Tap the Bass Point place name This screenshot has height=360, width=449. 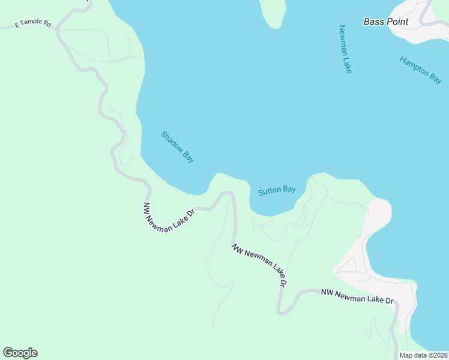pyautogui.click(x=386, y=22)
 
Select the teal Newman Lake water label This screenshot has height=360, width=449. pyautogui.click(x=345, y=49)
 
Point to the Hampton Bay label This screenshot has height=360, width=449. pyautogui.click(x=421, y=70)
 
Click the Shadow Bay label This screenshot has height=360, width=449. pyautogui.click(x=178, y=147)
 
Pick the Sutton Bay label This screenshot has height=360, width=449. pyautogui.click(x=277, y=191)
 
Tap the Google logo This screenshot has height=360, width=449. pyautogui.click(x=20, y=353)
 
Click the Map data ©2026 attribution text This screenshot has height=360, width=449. pyautogui.click(x=423, y=355)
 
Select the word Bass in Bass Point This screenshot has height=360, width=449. pyautogui.click(x=373, y=22)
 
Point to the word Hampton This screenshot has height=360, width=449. pyautogui.click(x=413, y=65)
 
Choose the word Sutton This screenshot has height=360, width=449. pyautogui.click(x=270, y=192)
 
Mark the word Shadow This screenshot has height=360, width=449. pyautogui.click(x=171, y=141)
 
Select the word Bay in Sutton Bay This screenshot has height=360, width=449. pyautogui.click(x=289, y=190)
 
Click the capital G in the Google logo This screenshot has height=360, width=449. pyautogui.click(x=8, y=353)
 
